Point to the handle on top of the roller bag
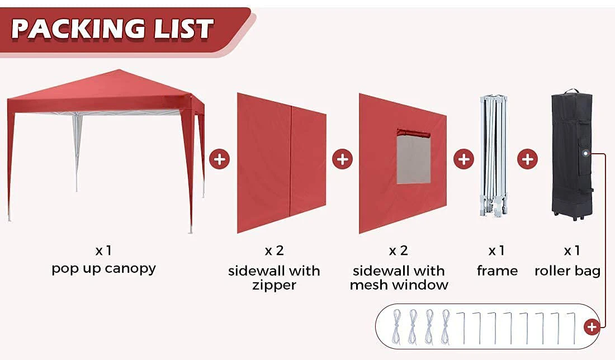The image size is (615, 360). pyautogui.click(x=571, y=91)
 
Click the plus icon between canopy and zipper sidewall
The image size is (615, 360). pyautogui.click(x=219, y=159)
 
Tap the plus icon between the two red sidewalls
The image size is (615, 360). pyautogui.click(x=342, y=159)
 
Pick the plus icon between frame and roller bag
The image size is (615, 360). pyautogui.click(x=527, y=159)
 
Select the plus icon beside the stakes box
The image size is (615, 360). pyautogui.click(x=592, y=327)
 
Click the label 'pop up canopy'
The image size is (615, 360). pyautogui.click(x=104, y=268)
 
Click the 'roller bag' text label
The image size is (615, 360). pyautogui.click(x=567, y=271)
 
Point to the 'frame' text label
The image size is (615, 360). pyautogui.click(x=497, y=271)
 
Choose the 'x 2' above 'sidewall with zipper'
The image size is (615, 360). pyautogui.click(x=274, y=250)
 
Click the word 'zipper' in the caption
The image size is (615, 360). pyautogui.click(x=274, y=286)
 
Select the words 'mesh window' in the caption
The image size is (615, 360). pyautogui.click(x=399, y=285)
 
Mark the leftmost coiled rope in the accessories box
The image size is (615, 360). pyautogui.click(x=397, y=326)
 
